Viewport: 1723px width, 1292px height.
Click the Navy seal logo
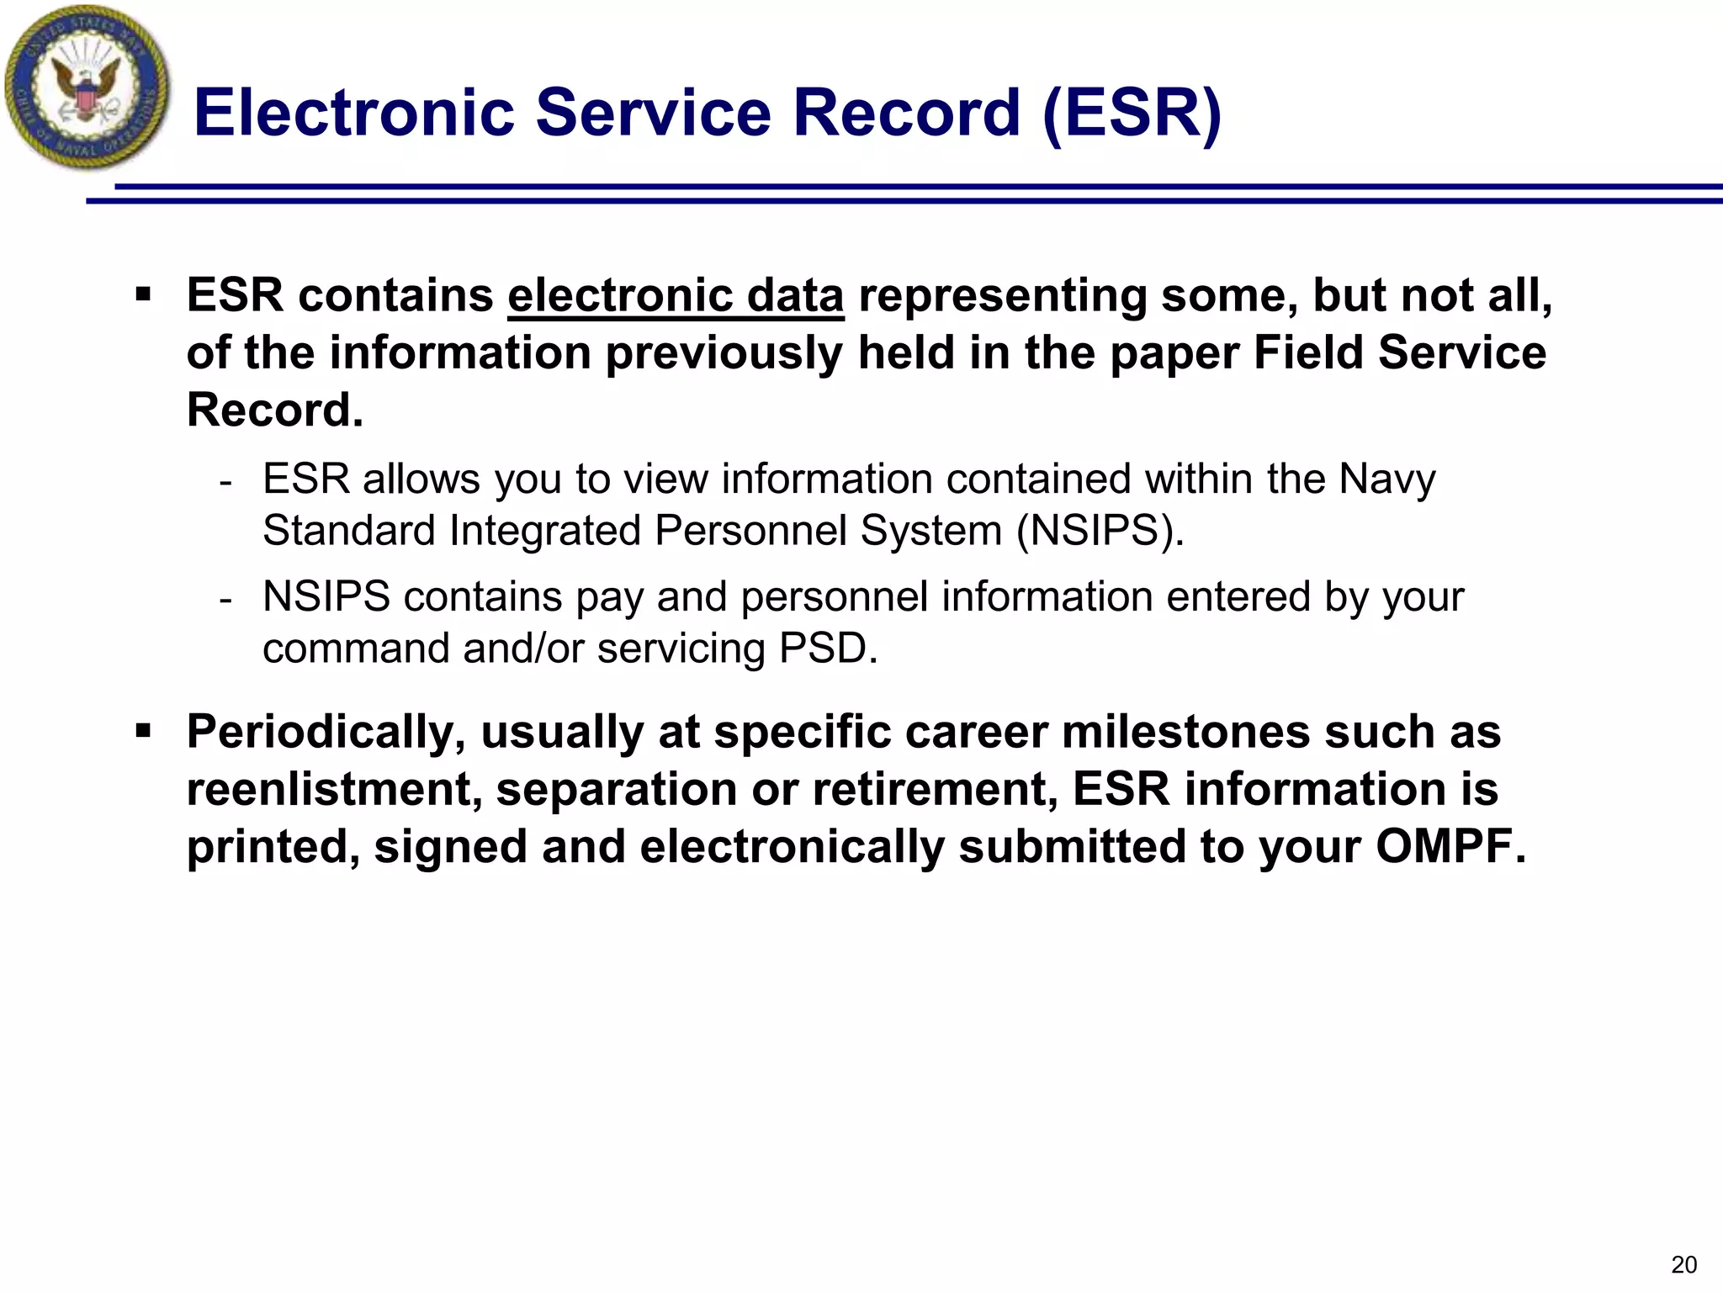coord(86,87)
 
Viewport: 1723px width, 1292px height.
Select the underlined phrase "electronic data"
coord(676,296)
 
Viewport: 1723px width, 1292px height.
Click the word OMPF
coord(1450,846)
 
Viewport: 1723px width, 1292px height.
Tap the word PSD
coord(828,649)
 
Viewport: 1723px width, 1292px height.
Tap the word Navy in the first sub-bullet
coord(1386,479)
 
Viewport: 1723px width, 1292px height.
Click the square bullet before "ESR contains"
coord(143,295)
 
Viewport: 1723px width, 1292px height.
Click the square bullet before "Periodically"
coord(143,731)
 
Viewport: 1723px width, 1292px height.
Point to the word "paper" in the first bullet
coord(1175,353)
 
